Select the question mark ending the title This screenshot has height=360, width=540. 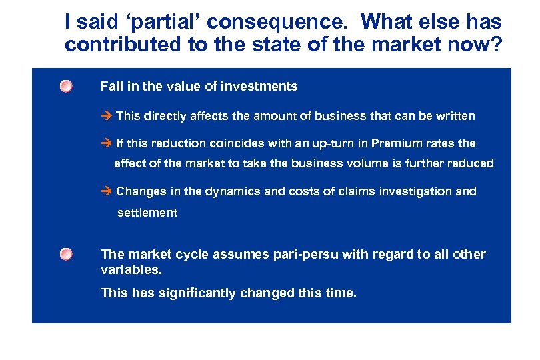point(495,45)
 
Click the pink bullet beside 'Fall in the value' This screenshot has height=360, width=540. point(65,87)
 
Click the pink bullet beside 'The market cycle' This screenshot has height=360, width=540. point(65,255)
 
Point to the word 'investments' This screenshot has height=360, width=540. point(261,86)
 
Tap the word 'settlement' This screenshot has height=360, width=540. point(147,213)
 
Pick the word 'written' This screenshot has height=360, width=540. point(455,116)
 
